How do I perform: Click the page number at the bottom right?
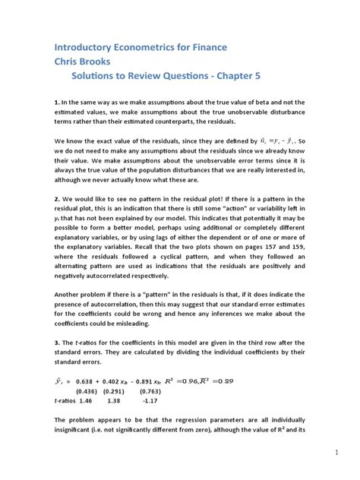coord(335,453)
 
